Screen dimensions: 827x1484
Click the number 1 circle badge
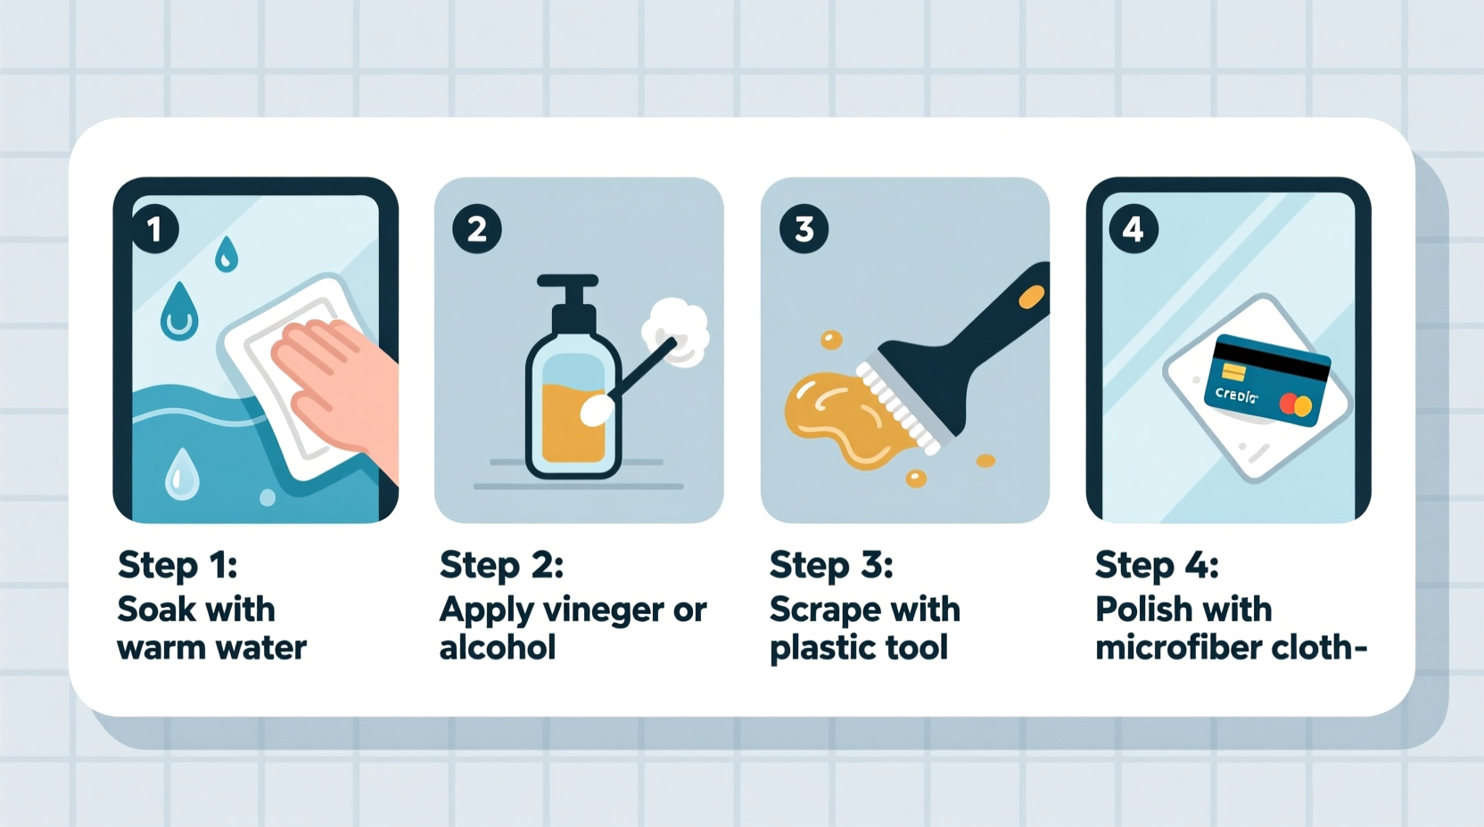(x=154, y=229)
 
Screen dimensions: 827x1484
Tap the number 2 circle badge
(x=477, y=229)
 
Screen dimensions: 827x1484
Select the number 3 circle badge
(x=804, y=229)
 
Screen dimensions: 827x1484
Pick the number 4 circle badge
(x=1133, y=229)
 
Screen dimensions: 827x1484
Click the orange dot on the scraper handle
(x=1031, y=297)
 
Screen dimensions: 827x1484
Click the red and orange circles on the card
(x=1295, y=405)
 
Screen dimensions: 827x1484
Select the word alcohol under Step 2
(x=497, y=648)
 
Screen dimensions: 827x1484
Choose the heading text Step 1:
(x=177, y=565)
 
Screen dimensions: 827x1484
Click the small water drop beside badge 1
(x=227, y=253)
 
